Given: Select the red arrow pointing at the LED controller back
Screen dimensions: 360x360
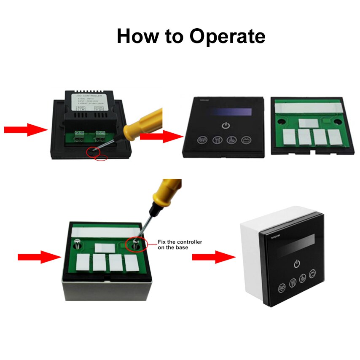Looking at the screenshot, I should click(x=25, y=129).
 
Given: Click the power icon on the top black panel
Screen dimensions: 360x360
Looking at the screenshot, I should click(x=226, y=126).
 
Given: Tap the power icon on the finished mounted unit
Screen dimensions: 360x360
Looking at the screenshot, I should click(x=297, y=264).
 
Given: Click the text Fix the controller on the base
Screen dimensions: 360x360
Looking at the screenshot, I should click(x=180, y=244).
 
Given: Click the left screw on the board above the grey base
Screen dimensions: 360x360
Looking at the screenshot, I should click(x=78, y=244).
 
